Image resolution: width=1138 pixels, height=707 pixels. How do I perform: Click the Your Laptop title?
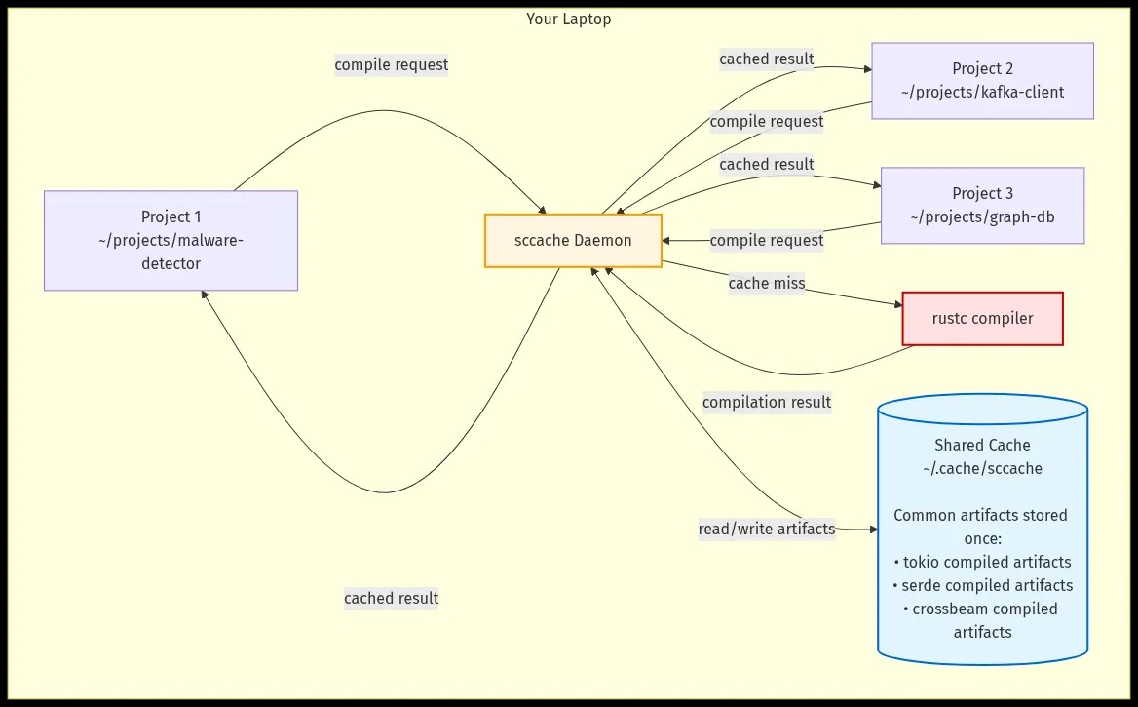(568, 19)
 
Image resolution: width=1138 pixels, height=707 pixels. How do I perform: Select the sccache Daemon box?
(573, 241)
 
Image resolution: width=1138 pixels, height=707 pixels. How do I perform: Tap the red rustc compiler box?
(982, 319)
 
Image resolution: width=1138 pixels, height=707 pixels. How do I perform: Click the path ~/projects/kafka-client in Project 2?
(982, 93)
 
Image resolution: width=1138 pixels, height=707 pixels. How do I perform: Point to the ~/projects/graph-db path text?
(982, 217)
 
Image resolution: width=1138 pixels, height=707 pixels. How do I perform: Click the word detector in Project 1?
(171, 263)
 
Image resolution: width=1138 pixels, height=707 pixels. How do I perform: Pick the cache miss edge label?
(767, 283)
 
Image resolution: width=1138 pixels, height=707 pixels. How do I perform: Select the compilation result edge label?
(767, 402)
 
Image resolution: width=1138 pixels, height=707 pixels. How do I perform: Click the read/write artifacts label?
(767, 529)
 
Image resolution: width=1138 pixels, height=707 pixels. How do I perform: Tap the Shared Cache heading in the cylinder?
(982, 445)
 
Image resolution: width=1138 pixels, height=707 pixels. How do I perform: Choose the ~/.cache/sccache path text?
(982, 468)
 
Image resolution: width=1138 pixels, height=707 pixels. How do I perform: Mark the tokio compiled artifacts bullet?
(982, 562)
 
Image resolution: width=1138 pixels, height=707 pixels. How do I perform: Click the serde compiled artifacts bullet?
(982, 585)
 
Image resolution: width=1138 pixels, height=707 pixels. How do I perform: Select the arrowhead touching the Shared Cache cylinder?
(873, 530)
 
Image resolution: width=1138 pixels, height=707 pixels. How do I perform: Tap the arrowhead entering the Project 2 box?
(866, 70)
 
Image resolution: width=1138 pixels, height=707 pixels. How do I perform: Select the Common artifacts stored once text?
(982, 527)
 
